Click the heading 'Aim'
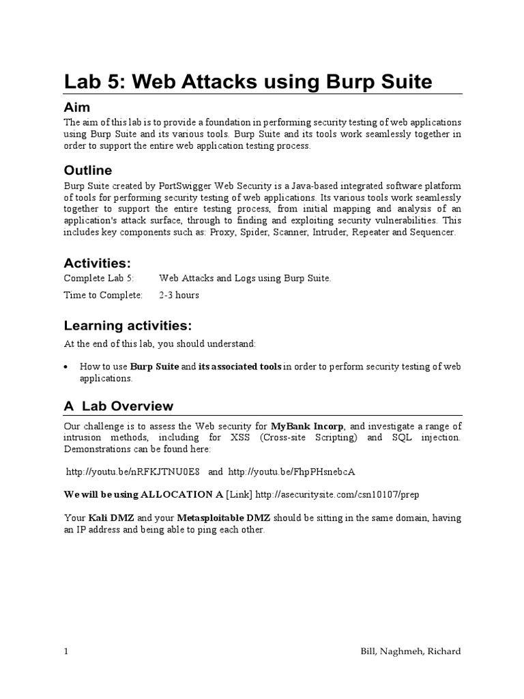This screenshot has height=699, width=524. click(77, 107)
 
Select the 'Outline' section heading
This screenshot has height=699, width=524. click(88, 170)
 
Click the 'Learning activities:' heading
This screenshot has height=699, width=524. click(128, 324)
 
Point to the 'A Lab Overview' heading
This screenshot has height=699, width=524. click(119, 406)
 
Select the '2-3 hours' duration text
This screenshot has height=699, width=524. click(179, 295)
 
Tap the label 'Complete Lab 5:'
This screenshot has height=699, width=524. click(99, 278)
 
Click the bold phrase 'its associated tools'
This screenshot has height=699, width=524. click(239, 367)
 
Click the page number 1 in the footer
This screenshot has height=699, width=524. click(66, 651)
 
